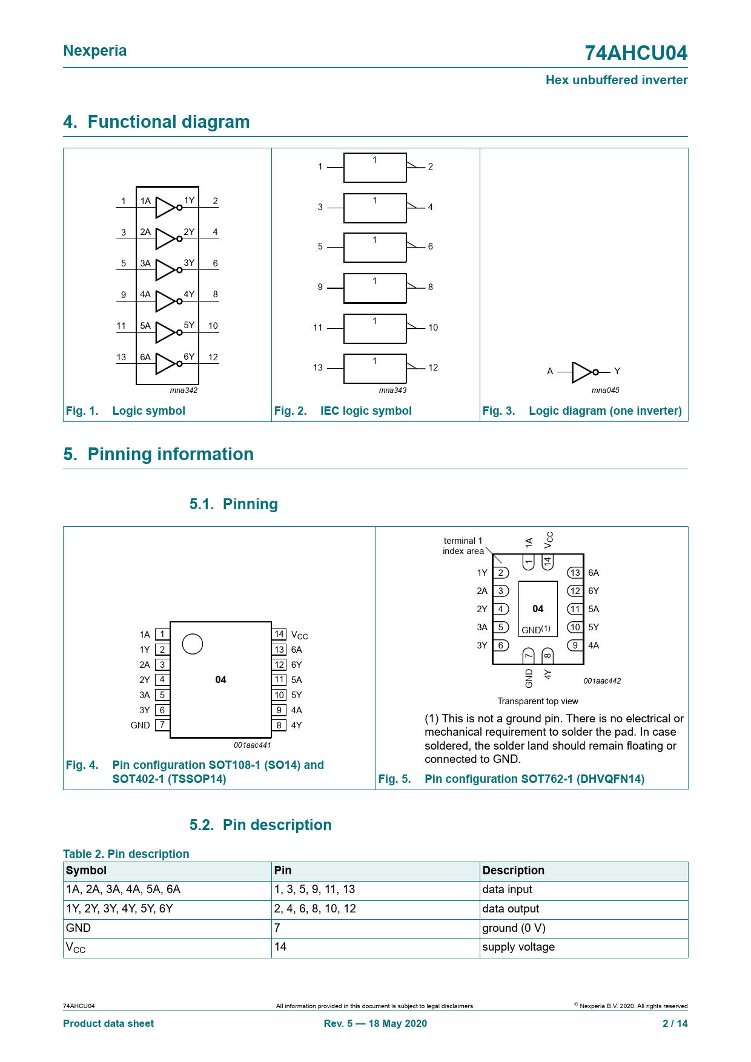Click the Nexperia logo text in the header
click(x=94, y=51)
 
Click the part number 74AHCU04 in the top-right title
click(x=635, y=53)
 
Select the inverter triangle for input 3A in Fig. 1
click(x=165, y=270)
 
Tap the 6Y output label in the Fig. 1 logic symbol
click(x=189, y=357)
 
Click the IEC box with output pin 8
click(x=375, y=288)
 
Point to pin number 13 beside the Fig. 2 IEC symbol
click(x=318, y=368)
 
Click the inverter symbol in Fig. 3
click(x=583, y=372)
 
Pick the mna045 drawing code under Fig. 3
click(x=605, y=391)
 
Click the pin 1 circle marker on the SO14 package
click(x=193, y=644)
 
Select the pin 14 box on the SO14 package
click(x=279, y=634)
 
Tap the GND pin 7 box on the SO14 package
click(x=162, y=725)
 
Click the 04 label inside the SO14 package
click(x=220, y=680)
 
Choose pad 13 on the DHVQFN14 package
click(x=575, y=573)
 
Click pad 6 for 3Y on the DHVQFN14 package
click(x=501, y=645)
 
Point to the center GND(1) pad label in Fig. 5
click(x=536, y=630)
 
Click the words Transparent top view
click(x=538, y=701)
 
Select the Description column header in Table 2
click(x=513, y=871)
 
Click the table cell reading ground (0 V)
click(x=514, y=928)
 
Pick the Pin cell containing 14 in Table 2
click(x=280, y=947)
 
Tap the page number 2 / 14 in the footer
click(x=675, y=1024)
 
